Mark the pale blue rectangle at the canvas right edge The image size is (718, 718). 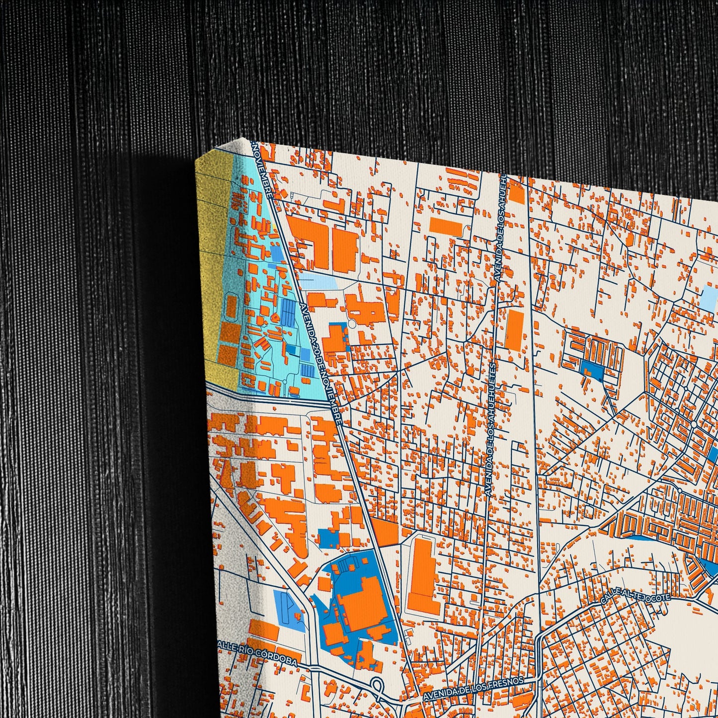pos(711,296)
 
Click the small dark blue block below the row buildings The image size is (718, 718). pos(592,370)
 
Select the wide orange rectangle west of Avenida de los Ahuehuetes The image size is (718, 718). pos(445,226)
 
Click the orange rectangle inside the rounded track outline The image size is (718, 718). pos(231,306)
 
